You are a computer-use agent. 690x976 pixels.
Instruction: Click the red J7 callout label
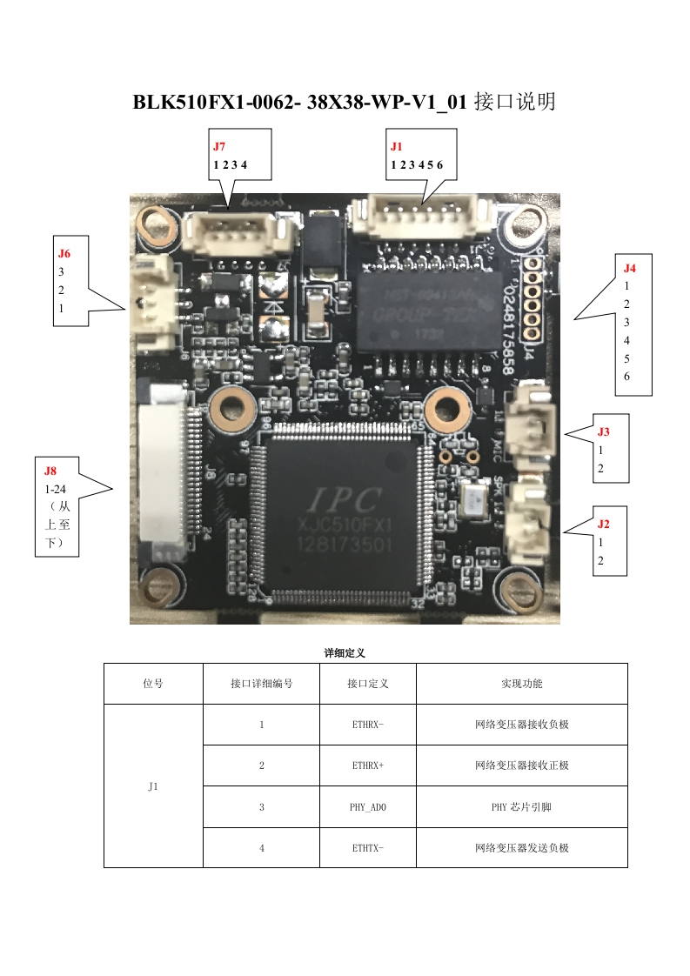[219, 147]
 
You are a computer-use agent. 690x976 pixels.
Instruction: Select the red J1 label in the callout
[397, 147]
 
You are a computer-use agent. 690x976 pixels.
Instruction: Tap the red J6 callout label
[64, 254]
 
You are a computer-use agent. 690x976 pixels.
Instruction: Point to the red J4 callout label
[630, 268]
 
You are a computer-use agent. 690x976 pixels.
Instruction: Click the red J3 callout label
[603, 431]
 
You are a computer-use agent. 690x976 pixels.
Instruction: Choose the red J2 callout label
[603, 524]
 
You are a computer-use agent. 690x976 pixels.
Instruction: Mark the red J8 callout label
[50, 471]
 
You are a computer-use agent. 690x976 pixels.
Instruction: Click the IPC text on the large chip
[342, 500]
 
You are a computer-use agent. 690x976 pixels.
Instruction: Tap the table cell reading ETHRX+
[368, 765]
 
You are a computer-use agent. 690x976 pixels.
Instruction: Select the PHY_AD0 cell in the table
[368, 807]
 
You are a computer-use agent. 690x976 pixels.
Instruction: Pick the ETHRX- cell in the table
[368, 725]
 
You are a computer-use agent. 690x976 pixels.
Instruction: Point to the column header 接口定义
[368, 684]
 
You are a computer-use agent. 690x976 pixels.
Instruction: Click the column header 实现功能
[522, 684]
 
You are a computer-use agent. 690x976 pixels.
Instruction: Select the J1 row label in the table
[153, 786]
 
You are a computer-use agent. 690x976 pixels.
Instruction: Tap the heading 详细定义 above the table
[345, 652]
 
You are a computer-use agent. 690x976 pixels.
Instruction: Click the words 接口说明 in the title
[514, 103]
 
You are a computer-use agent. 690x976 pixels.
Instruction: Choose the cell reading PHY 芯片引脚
[522, 807]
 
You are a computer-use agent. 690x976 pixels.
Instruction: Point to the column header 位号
[153, 684]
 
